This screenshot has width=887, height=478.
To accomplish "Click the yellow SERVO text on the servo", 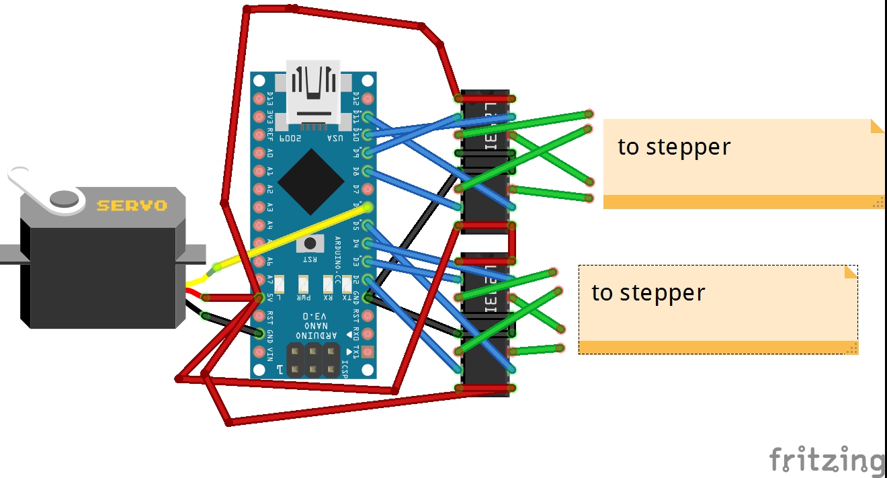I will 131,205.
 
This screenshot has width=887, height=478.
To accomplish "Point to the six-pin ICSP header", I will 312,360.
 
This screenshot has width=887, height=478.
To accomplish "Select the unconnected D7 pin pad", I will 367,189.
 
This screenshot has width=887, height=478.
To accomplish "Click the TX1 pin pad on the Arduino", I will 367,352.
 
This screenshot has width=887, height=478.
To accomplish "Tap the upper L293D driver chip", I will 485,160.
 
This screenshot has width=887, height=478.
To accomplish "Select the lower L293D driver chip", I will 485,323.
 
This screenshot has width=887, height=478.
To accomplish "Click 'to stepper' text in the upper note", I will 673,147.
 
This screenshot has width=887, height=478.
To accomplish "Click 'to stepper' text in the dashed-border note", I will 648,293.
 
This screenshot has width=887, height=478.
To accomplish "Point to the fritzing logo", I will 827,461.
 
